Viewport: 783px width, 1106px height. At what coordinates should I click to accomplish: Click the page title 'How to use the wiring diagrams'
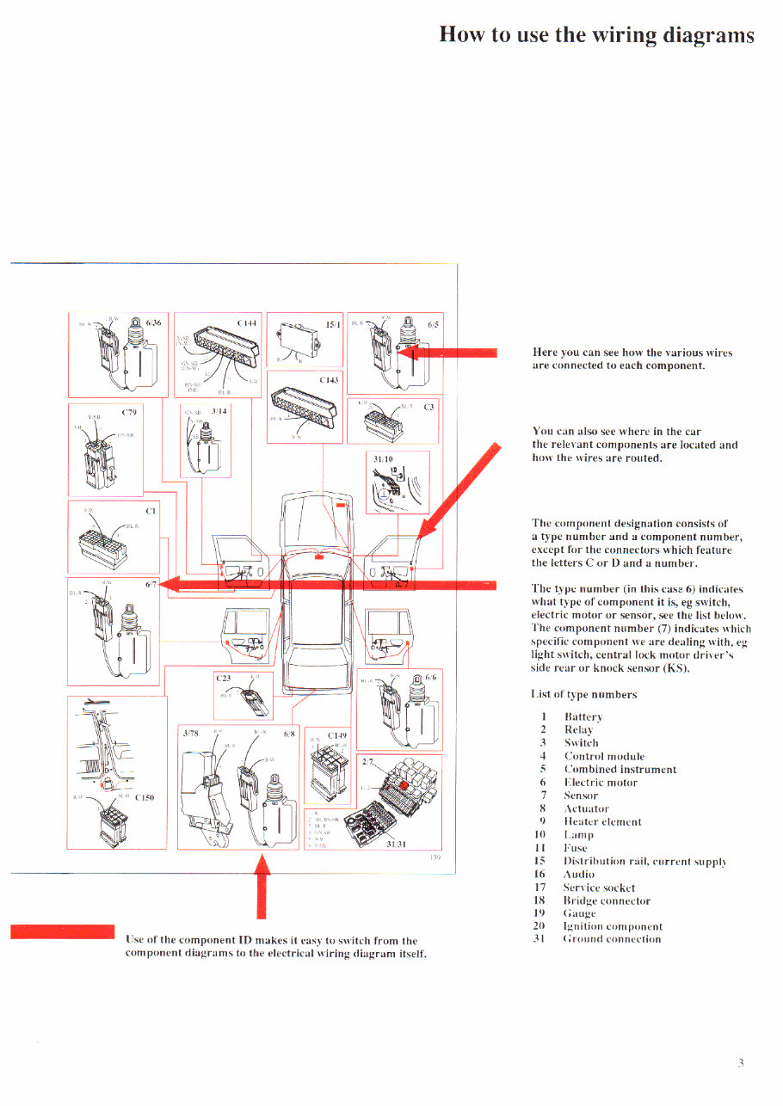click(x=596, y=34)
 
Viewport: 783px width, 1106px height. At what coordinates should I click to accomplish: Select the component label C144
click(x=247, y=323)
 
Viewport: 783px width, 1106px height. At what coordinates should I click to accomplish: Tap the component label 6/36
click(x=155, y=323)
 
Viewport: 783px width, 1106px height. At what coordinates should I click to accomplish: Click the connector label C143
click(x=330, y=379)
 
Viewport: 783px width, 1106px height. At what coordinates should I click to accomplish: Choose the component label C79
click(x=130, y=411)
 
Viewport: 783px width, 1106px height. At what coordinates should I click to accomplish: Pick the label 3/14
click(x=219, y=411)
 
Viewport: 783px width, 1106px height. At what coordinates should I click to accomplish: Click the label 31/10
click(x=383, y=460)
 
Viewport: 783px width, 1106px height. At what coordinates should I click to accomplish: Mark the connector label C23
click(x=223, y=679)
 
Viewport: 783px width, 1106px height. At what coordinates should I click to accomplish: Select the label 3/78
click(x=190, y=734)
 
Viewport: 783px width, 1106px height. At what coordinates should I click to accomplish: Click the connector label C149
click(x=337, y=735)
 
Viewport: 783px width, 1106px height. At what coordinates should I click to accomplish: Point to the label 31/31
click(x=397, y=843)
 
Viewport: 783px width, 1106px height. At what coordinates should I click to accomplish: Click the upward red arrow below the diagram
click(x=263, y=886)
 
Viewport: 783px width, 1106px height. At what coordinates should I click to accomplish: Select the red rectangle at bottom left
click(x=62, y=932)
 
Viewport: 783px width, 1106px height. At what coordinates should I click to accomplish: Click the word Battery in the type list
click(x=583, y=716)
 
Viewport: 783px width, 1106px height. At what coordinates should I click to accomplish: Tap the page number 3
click(x=740, y=1063)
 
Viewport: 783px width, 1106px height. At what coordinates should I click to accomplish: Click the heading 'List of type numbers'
click(x=583, y=694)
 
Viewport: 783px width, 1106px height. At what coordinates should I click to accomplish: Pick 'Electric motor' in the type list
click(x=601, y=783)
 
